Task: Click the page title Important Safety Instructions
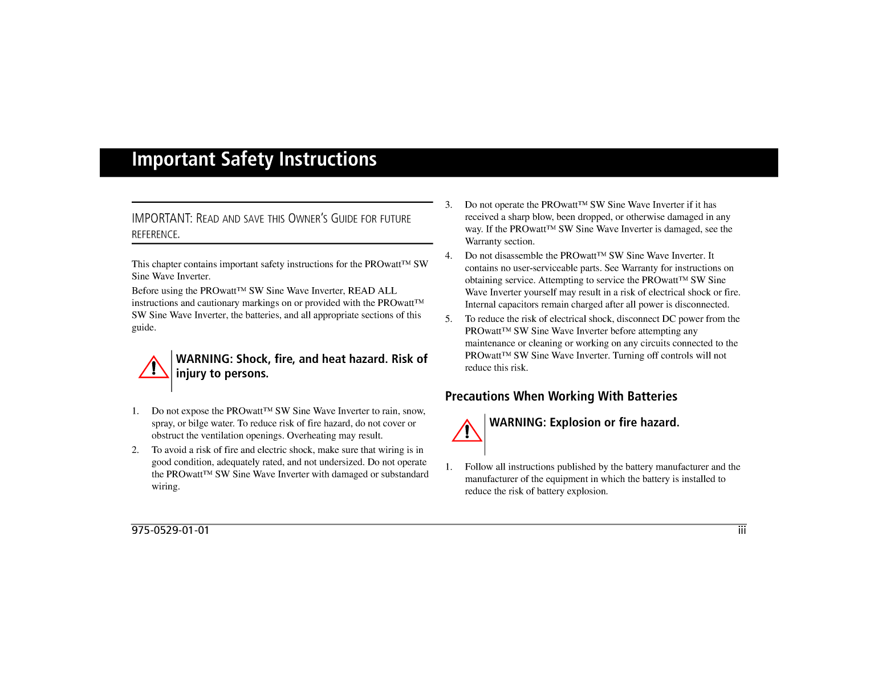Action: tap(254, 160)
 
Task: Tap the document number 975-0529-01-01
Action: tap(170, 530)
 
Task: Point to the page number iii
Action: tap(742, 530)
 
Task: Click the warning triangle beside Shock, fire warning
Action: tap(153, 368)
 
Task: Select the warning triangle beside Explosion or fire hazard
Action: tap(467, 431)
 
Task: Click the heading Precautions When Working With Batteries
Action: tap(561, 397)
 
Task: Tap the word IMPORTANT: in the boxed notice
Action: tap(162, 219)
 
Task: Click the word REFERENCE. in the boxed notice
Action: tap(156, 235)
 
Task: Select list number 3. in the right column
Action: tap(449, 205)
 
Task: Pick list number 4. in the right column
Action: tap(449, 256)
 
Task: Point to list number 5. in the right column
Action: tap(449, 319)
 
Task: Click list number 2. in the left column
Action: tap(136, 450)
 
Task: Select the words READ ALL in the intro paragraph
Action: tap(372, 291)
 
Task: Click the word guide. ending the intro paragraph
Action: tap(144, 328)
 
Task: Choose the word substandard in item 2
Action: tap(405, 475)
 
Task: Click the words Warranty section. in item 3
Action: tap(499, 242)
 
